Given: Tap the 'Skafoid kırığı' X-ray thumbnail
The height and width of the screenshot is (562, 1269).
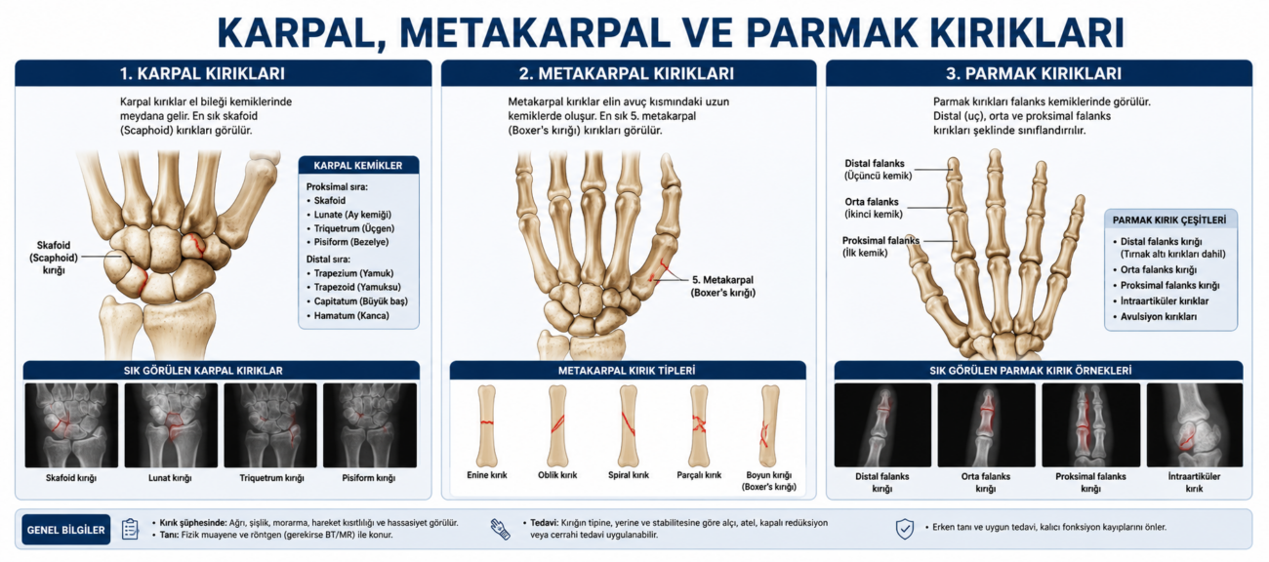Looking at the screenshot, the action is [71, 424].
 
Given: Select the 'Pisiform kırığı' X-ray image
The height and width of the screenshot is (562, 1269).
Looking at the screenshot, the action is [370, 424].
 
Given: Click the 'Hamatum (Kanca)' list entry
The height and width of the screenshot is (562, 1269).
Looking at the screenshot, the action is [351, 315].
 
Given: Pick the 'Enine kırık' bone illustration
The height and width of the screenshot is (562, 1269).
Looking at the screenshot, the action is [487, 426].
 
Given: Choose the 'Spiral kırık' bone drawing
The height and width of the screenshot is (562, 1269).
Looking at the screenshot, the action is [629, 426].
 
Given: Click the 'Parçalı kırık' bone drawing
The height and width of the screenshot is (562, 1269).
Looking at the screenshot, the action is [699, 426].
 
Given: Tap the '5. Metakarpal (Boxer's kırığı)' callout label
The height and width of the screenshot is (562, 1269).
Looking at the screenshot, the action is [723, 286].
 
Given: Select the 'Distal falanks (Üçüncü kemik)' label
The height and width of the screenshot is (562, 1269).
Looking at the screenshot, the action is [879, 170].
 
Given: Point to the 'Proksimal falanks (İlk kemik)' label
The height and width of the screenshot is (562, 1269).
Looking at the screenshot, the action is [880, 247].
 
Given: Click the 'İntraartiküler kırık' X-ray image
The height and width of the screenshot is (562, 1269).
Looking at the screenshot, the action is [1195, 424].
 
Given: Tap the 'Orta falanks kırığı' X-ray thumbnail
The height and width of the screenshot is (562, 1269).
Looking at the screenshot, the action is [986, 424].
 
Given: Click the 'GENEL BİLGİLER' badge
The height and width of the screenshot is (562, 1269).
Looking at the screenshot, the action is [66, 530].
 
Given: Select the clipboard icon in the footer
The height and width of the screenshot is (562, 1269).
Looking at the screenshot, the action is [130, 529].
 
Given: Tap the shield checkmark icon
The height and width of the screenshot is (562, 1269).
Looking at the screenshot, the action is [904, 529].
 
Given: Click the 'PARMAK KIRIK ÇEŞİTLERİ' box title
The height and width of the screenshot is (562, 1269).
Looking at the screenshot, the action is [1169, 220].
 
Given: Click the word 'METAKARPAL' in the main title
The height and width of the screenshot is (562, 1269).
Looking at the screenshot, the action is [535, 33].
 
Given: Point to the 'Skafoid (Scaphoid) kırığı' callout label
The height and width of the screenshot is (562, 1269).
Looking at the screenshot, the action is [54, 258].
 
